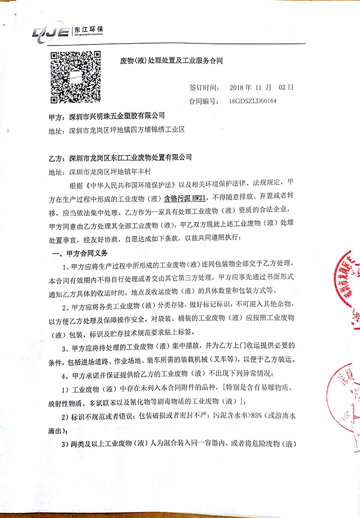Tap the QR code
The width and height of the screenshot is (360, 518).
[x=76, y=77]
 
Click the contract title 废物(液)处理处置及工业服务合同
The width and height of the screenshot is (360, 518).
[x=171, y=61]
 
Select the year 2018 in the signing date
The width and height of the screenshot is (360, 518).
[x=236, y=88]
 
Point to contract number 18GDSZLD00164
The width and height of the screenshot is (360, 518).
[x=252, y=101]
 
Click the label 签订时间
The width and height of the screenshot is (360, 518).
[x=204, y=88]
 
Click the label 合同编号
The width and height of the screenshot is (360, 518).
[x=204, y=102]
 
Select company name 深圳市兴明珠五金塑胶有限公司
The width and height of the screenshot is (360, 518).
[x=117, y=116]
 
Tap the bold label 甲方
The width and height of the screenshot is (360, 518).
[x=56, y=117]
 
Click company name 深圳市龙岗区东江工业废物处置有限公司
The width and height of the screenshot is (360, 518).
[x=130, y=158]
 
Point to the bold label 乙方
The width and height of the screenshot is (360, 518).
[x=56, y=159]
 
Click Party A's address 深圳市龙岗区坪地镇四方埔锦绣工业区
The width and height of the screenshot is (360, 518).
[x=127, y=130]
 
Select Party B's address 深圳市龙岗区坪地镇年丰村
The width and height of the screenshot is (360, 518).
[x=110, y=172]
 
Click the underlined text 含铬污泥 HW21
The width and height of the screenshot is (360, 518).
[x=185, y=198]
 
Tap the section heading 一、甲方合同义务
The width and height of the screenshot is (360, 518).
[x=80, y=253]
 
